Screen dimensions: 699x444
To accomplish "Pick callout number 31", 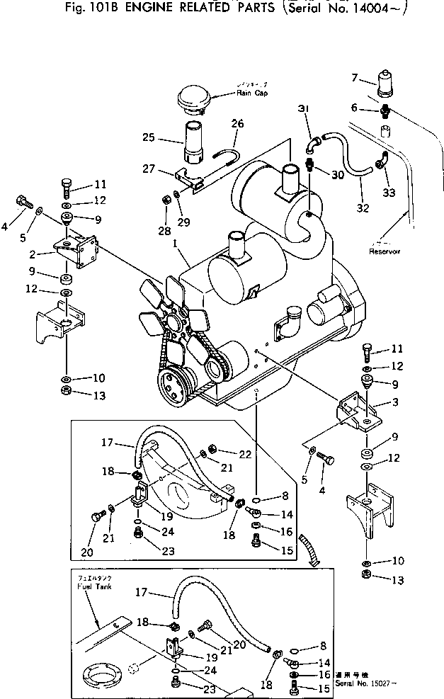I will coord(303,108).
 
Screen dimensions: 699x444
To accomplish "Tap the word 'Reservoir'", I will coord(385,251).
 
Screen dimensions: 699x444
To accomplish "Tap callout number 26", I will coord(237,123).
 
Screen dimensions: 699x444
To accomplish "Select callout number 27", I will coord(149,169).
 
